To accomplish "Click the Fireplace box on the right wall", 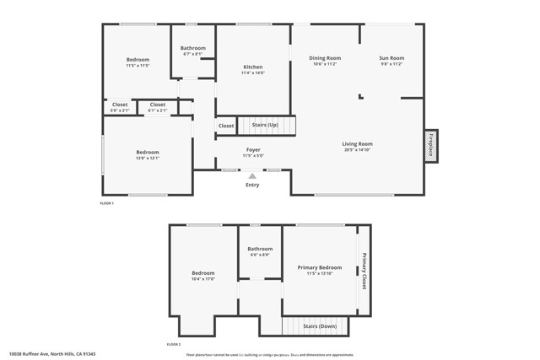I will (431, 145).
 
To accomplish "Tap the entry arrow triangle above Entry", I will (252, 176).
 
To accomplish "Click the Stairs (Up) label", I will (265, 125).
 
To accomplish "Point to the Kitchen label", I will (253, 67).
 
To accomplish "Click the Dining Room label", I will (325, 58).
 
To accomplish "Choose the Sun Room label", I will (391, 58).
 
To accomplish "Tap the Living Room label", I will (357, 143).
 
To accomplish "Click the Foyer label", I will (253, 149).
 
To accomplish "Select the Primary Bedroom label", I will (320, 267).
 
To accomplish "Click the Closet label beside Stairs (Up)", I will (226, 126).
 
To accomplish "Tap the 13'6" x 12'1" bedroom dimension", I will (148, 158).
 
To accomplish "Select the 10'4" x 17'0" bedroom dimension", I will (202, 278).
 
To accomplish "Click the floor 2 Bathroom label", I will (260, 249).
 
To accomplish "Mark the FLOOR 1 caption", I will (106, 203).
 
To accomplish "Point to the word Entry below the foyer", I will (252, 185).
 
